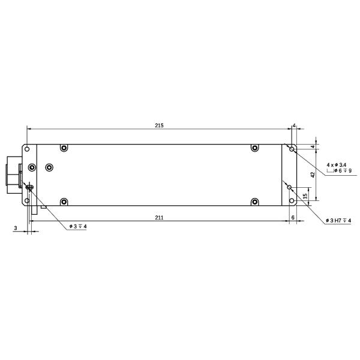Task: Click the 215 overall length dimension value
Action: point(159,125)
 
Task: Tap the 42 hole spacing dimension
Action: point(313,174)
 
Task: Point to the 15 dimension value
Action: point(305,196)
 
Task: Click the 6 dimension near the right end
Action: point(292,217)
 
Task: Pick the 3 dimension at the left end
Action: point(15,228)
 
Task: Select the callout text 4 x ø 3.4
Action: point(336,164)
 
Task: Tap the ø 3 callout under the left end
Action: point(78,226)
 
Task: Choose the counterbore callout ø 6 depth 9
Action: point(339,171)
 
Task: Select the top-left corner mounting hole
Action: point(26,148)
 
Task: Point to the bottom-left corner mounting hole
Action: point(26,201)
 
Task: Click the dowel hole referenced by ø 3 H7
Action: point(289,187)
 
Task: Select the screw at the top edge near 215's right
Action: point(254,148)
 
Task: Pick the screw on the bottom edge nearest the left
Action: point(64,201)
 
